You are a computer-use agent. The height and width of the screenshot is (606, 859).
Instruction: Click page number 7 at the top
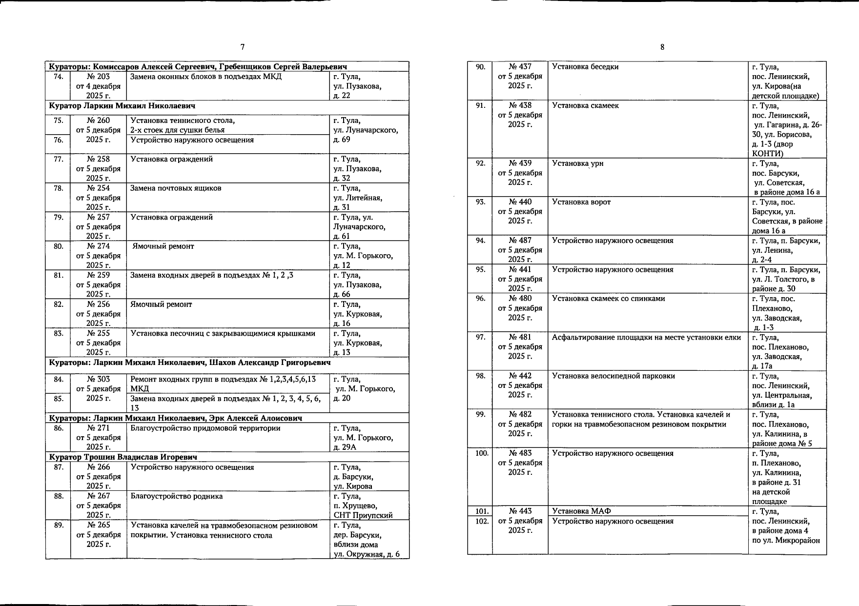(x=243, y=47)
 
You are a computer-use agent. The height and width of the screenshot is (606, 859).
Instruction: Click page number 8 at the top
(x=662, y=47)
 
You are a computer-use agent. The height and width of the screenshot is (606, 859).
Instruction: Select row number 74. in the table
(x=58, y=77)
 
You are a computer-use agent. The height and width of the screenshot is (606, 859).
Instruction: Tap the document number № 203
(x=98, y=77)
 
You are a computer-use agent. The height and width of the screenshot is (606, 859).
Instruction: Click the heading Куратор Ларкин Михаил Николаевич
(x=122, y=106)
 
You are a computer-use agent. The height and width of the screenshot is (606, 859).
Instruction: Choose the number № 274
(x=98, y=246)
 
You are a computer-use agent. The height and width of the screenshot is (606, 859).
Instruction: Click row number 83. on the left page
(x=58, y=334)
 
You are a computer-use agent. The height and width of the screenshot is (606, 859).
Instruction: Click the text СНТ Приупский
(x=363, y=515)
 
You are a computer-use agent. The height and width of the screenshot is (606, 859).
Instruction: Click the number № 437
(x=520, y=67)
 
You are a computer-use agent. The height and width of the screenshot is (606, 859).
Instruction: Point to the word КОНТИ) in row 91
(x=767, y=154)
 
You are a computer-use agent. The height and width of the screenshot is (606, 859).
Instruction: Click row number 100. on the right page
(x=481, y=453)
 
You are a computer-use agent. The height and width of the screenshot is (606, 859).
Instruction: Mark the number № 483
(x=520, y=453)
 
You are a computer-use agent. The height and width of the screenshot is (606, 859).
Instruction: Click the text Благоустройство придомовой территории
(x=205, y=428)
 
